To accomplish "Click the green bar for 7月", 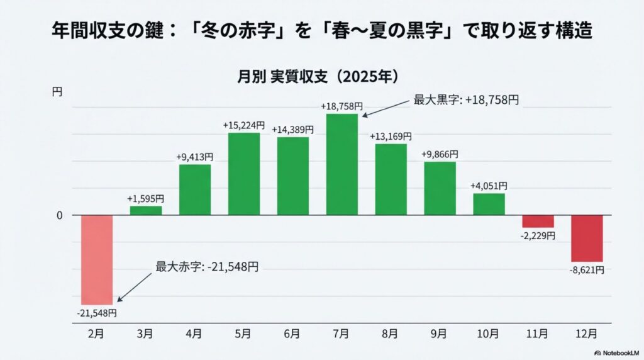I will (341, 164).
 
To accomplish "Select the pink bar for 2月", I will (97, 259).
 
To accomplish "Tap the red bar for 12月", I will (587, 238).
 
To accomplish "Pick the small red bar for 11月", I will (538, 221).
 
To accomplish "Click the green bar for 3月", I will (146, 210).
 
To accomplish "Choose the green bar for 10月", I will (489, 204).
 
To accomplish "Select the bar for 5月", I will (244, 174).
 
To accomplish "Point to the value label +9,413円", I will (195, 157).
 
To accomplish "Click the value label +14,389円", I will (292, 130).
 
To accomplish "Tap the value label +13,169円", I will (391, 137).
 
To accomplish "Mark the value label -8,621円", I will (587, 269).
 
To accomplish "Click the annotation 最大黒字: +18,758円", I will (465, 99).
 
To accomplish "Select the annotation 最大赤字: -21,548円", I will (207, 266).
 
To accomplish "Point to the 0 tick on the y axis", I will (60, 215).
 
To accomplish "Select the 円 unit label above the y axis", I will (57, 92).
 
